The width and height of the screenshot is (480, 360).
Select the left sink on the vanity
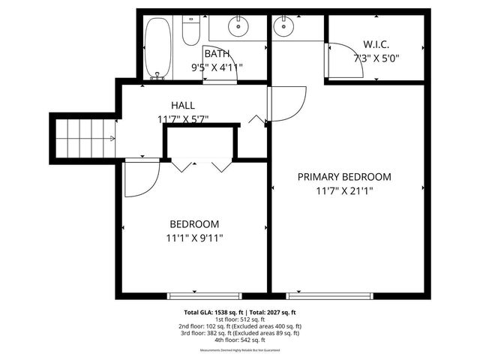239,27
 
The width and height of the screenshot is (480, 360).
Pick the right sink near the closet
283,28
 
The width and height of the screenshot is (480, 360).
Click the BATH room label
217,54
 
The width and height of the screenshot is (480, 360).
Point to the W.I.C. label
376,43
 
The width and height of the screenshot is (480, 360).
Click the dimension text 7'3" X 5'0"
377,58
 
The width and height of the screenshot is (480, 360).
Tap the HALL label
183,105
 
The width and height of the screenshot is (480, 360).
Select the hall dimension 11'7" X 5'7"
183,118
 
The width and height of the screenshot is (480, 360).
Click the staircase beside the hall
84,138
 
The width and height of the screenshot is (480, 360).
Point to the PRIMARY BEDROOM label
344,177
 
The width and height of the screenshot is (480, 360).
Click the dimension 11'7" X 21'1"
344,191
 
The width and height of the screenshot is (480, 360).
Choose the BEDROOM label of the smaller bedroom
194,224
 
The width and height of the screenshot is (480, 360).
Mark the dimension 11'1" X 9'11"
194,238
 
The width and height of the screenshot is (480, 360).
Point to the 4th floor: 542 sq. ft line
239,340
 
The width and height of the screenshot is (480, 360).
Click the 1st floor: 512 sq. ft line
239,319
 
